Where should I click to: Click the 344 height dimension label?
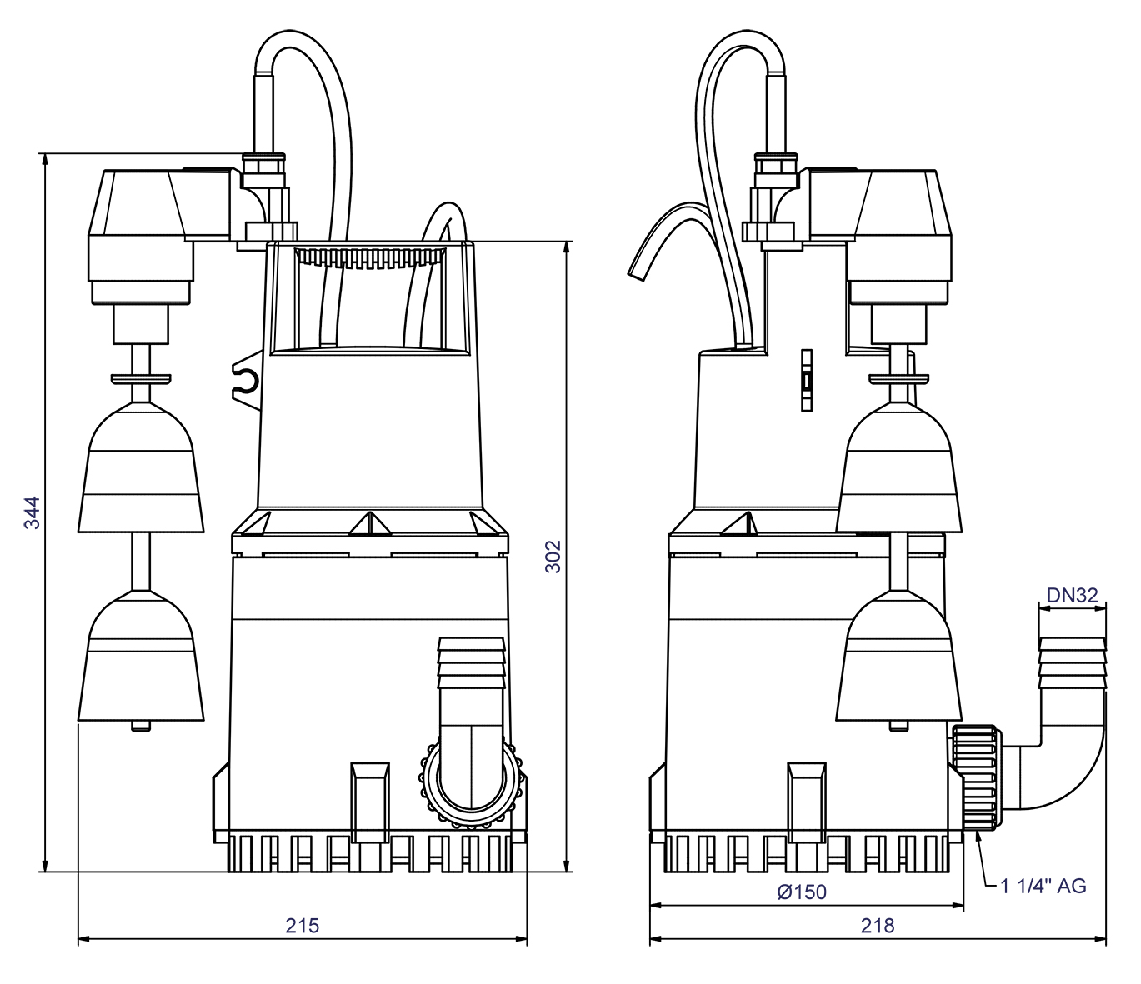tap(31, 512)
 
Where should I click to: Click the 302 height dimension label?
tap(553, 557)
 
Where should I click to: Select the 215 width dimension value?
tap(302, 926)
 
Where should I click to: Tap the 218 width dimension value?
tap(878, 926)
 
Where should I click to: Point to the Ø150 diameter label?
tap(802, 892)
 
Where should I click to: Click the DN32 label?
tap(1072, 595)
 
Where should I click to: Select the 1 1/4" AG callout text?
tap(1043, 886)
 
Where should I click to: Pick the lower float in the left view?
tap(141, 658)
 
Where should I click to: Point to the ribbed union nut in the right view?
tap(977, 777)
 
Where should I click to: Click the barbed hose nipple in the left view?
tap(471, 664)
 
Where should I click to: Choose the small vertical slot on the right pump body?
tap(806, 380)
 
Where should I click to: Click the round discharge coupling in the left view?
tap(472, 783)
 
